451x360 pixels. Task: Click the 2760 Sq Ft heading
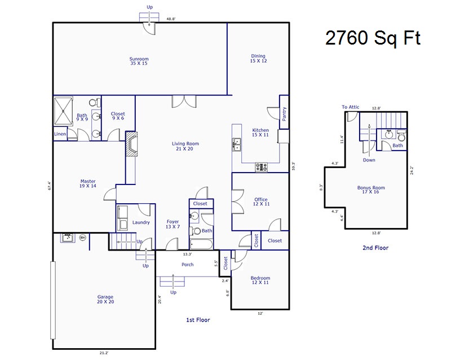[373, 38]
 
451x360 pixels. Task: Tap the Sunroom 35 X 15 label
[139, 61]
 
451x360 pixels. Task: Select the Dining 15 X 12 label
[258, 59]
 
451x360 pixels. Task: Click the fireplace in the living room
[131, 144]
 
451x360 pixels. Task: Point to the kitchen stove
[261, 167]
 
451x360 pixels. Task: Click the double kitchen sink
[236, 144]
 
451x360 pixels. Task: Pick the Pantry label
[284, 114]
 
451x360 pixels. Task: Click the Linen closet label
[60, 134]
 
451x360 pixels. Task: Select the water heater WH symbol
[82, 238]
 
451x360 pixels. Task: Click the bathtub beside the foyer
[201, 244]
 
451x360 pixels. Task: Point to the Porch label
[188, 265]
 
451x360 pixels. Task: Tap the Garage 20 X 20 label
[105, 299]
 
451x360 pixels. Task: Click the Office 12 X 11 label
[261, 201]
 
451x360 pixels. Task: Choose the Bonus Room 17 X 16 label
[371, 190]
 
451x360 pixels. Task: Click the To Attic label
[350, 107]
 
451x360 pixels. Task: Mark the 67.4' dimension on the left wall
[50, 186]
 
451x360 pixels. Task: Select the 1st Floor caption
[198, 320]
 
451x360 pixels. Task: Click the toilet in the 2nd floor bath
[401, 135]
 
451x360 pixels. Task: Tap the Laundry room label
[141, 222]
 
